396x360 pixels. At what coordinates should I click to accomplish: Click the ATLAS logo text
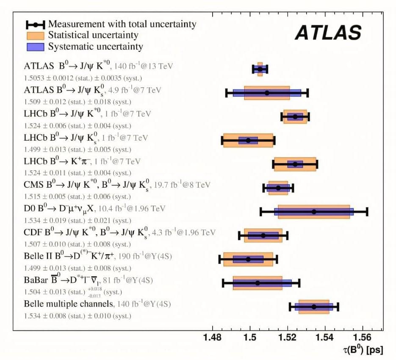pos(328,33)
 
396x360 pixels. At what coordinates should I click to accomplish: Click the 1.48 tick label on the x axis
pos(212,338)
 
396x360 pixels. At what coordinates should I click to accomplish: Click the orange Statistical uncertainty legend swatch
pos(36,35)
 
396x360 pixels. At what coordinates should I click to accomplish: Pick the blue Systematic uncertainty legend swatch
pos(36,46)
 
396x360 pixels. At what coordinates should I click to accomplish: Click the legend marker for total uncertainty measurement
pos(36,24)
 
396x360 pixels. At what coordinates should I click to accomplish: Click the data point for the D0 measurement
pos(314,211)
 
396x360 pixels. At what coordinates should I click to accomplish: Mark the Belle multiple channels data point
pos(314,307)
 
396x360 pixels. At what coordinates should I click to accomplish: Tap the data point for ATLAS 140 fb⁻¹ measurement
pos(260,69)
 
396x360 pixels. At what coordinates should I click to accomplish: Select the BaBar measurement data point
pos(258,283)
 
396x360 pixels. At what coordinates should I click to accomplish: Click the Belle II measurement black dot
pos(248,259)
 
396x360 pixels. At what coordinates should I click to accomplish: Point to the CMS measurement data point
pos(278,188)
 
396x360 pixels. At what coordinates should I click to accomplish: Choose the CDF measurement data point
pos(263,235)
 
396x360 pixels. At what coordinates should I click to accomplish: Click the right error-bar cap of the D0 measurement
pos(367,211)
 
